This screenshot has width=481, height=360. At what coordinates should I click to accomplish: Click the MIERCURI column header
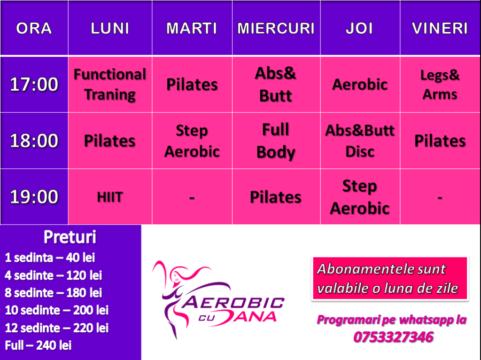pyautogui.click(x=276, y=28)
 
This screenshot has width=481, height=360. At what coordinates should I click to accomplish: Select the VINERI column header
pyautogui.click(x=440, y=28)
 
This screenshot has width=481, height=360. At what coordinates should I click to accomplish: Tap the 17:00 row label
pyautogui.click(x=34, y=85)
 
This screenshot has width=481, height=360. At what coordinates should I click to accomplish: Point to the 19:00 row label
pyautogui.click(x=34, y=197)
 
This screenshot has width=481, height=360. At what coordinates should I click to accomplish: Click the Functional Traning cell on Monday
pyautogui.click(x=110, y=85)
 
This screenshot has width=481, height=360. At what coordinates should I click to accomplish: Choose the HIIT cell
pyautogui.click(x=110, y=197)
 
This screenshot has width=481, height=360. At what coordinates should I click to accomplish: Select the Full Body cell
pyautogui.click(x=276, y=141)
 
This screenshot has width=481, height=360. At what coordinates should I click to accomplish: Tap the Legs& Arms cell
pyautogui.click(x=440, y=85)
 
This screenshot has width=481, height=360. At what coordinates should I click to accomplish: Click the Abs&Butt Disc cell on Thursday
pyautogui.click(x=360, y=141)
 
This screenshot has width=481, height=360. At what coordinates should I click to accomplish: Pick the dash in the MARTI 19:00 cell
pyautogui.click(x=192, y=198)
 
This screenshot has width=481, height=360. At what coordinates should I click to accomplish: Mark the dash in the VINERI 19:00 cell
pyautogui.click(x=440, y=198)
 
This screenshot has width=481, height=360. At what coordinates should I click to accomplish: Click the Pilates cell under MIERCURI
pyautogui.click(x=276, y=197)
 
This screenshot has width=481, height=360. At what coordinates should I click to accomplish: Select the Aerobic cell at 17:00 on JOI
pyautogui.click(x=360, y=85)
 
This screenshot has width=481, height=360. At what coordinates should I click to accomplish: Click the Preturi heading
pyautogui.click(x=70, y=237)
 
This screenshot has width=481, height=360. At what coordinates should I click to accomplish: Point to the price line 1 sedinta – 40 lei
pyautogui.click(x=50, y=258)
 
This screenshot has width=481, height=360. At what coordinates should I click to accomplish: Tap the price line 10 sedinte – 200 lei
pyautogui.click(x=57, y=310)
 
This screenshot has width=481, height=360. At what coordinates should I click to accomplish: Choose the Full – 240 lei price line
pyautogui.click(x=39, y=345)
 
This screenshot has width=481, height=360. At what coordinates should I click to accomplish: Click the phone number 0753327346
pyautogui.click(x=393, y=337)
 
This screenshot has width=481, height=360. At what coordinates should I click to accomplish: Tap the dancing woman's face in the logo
pyautogui.click(x=177, y=277)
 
